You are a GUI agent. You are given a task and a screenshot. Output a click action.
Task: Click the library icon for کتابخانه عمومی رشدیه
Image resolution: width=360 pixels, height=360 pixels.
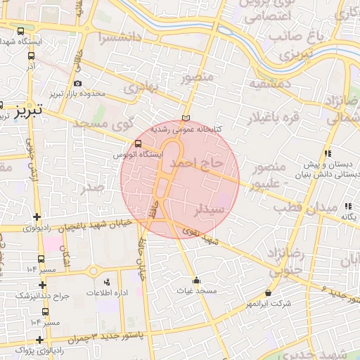186,117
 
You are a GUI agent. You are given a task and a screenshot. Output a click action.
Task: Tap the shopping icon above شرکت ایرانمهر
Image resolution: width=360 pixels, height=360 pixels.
268,292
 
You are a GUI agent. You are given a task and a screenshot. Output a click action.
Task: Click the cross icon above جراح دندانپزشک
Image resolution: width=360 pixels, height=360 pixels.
42,285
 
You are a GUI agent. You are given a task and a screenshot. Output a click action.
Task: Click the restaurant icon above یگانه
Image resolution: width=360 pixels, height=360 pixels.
347,206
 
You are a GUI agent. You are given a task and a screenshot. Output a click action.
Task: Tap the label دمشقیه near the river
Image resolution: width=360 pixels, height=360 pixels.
263,83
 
